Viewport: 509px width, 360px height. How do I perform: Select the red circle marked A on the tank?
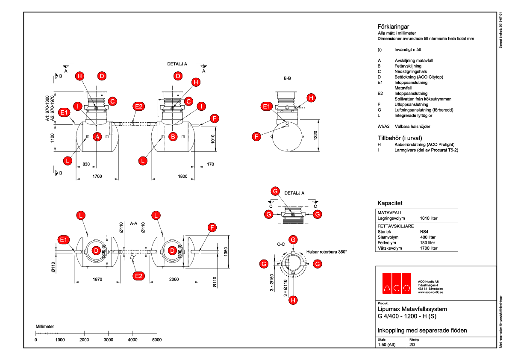click(97, 137)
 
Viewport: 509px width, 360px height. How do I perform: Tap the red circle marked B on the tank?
click(173, 137)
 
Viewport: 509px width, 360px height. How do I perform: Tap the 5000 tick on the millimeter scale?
click(157, 339)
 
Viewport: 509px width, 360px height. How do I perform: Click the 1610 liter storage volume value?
click(429, 218)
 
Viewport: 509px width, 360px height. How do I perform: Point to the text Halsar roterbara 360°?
click(327, 252)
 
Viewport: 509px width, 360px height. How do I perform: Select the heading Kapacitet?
click(390, 203)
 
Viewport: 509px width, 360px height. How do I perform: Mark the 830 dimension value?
click(86, 164)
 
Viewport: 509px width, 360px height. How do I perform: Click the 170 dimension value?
click(210, 164)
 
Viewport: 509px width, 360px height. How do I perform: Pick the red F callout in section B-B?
click(256, 137)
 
